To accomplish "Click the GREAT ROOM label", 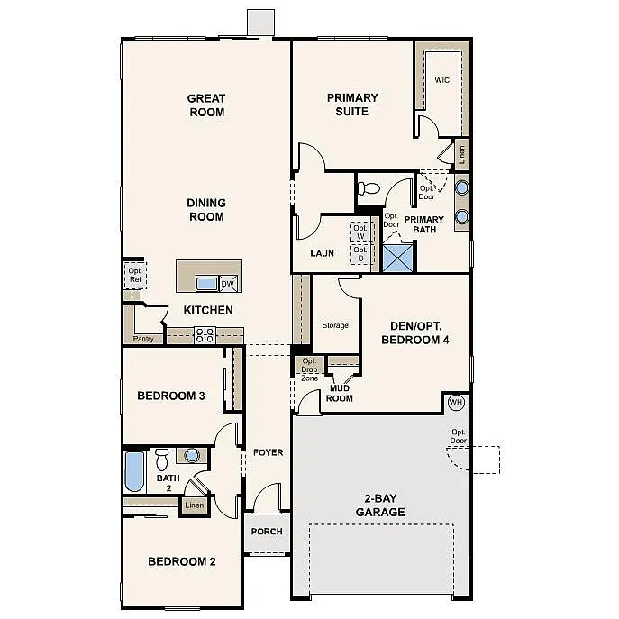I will (x=205, y=105).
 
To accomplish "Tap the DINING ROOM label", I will (x=206, y=210).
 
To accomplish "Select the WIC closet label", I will (x=441, y=80).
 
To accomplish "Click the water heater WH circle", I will (x=455, y=402).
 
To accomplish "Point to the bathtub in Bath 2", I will (x=134, y=471).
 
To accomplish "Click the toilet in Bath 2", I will (x=163, y=458).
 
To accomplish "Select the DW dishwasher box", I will (x=228, y=284).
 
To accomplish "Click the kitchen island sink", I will (x=206, y=284).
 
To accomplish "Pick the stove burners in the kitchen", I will (x=205, y=335).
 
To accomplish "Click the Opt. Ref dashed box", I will (x=134, y=275).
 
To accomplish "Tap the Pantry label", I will (x=142, y=340).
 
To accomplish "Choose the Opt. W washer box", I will (x=360, y=232).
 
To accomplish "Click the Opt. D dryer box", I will (x=360, y=254).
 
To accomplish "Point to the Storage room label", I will (x=335, y=325).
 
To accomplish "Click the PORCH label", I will (x=266, y=532).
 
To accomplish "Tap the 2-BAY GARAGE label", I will (x=379, y=505).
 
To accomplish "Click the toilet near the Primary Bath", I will (x=368, y=189).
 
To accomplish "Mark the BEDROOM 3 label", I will (x=170, y=396).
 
